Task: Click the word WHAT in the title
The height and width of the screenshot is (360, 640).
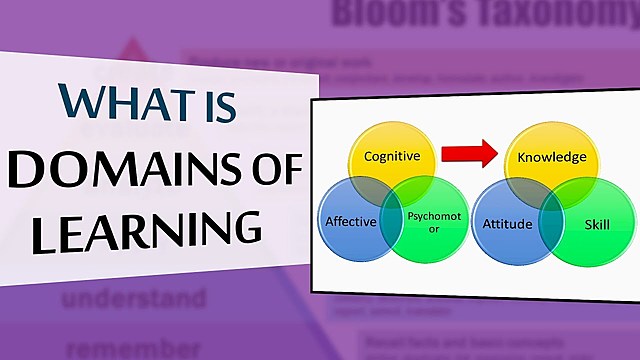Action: pyautogui.click(x=113, y=103)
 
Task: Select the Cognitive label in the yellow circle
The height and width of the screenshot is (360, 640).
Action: pyautogui.click(x=391, y=157)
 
